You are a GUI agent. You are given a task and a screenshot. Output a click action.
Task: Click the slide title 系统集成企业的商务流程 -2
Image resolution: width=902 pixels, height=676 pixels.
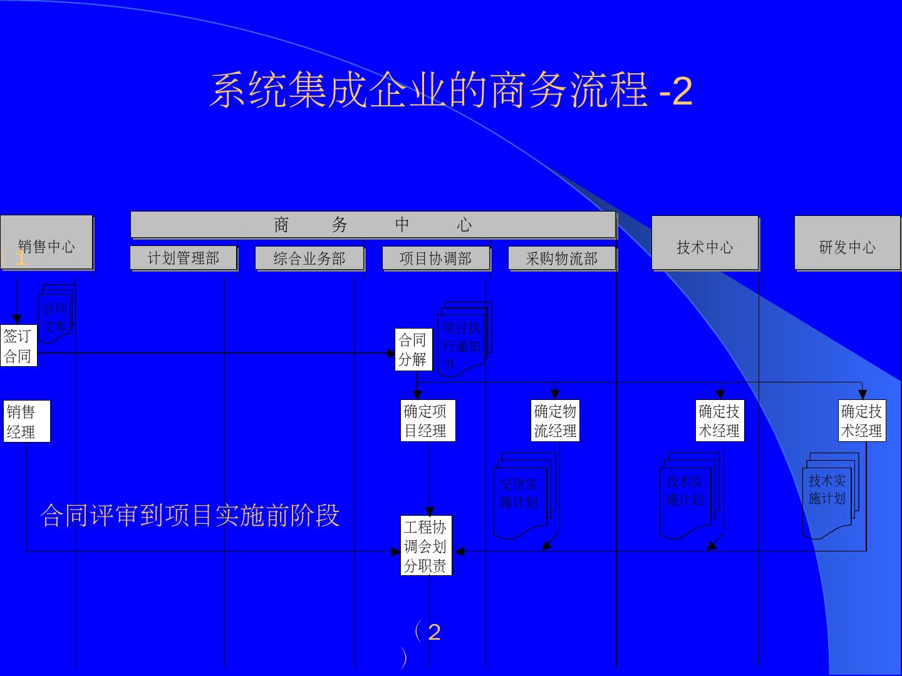[x=450, y=91]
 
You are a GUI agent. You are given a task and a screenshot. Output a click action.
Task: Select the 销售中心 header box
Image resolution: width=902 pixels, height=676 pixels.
[x=47, y=243]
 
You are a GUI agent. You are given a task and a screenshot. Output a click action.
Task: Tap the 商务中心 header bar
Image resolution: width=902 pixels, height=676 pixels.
[x=373, y=225]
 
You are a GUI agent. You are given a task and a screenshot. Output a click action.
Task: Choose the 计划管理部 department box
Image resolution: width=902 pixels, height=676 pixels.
[x=184, y=258]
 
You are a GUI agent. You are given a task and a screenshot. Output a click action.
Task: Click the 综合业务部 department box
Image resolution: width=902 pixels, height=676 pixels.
[x=309, y=258]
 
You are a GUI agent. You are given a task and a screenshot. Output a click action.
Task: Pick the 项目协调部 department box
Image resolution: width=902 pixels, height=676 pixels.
[x=436, y=258]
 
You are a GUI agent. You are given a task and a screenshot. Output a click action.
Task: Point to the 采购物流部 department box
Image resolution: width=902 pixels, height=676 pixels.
[x=562, y=259]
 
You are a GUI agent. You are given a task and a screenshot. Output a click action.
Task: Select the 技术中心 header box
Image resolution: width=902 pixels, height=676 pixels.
[x=705, y=243]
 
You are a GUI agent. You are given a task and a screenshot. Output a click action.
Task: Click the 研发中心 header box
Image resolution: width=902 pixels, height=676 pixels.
[x=847, y=243]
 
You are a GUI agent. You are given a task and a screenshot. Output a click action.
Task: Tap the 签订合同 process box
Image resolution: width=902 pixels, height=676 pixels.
[x=18, y=346]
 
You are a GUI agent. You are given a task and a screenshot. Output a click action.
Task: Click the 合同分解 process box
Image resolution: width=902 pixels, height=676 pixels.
[x=413, y=349]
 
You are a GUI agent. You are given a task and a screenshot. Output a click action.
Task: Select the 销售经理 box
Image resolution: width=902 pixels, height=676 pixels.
[x=26, y=421]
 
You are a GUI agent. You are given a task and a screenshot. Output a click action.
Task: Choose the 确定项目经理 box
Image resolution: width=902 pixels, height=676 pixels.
[x=427, y=421]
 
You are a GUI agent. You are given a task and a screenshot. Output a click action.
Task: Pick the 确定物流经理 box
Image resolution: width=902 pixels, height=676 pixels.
[x=555, y=421]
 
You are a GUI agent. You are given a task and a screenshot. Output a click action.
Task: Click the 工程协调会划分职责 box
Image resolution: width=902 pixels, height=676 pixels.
[x=426, y=546]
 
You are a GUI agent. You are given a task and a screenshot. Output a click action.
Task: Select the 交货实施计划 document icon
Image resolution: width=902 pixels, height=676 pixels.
[x=520, y=494]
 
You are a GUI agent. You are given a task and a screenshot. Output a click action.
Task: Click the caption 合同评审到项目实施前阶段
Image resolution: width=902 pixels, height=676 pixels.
[x=190, y=515]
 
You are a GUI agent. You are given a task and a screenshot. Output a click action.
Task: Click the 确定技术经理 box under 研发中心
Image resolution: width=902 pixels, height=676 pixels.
[x=862, y=421]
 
